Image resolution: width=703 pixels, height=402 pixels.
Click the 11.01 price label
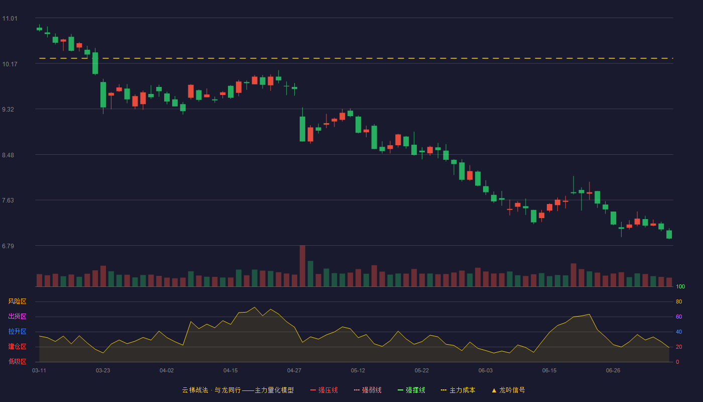10,19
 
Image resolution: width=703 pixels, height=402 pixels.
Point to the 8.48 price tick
8,155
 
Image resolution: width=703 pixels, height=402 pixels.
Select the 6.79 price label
8,246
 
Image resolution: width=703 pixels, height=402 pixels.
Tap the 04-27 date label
294,371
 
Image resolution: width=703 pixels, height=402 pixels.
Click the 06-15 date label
549,371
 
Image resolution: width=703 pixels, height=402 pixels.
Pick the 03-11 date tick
39,371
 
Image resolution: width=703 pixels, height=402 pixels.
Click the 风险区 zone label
17,301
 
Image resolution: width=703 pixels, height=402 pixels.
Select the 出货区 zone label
17,316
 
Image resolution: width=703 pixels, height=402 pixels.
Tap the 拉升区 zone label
17,331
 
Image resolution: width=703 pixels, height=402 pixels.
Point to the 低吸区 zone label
17,361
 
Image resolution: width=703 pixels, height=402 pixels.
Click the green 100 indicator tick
680,286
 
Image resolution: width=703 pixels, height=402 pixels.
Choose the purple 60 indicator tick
679,317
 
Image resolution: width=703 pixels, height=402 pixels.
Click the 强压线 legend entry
324,390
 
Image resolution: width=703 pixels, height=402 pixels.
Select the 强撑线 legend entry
411,390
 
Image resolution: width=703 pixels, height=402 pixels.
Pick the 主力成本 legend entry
458,390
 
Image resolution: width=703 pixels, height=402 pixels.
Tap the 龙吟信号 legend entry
508,390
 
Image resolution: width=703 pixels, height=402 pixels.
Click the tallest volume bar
302,266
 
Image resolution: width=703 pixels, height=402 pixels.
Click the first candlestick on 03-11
39,28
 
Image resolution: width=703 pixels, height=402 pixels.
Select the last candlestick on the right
669,234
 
